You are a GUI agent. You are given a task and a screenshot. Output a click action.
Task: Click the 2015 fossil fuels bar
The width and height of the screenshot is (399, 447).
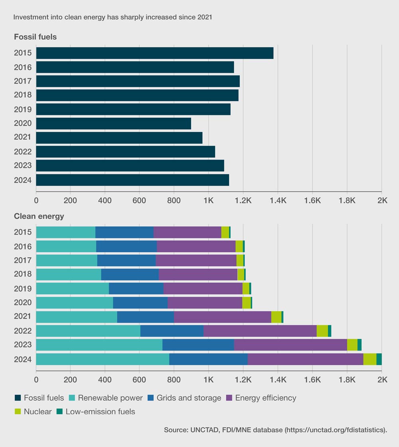[155, 53]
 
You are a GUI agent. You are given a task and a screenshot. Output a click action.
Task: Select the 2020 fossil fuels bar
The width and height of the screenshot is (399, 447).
[114, 123]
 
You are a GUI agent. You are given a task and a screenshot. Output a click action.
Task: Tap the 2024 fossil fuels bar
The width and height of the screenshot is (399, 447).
[132, 180]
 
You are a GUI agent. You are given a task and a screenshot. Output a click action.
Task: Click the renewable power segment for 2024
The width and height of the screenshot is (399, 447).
[103, 359]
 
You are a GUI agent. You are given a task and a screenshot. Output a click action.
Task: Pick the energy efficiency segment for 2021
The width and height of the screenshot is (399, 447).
[223, 317]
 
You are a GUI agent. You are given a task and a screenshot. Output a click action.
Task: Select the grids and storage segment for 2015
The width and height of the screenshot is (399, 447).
[124, 232]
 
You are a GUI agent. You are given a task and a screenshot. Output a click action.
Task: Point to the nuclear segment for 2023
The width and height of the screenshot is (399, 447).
[352, 345]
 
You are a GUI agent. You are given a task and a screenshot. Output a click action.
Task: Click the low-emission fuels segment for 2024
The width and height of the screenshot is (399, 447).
[379, 359]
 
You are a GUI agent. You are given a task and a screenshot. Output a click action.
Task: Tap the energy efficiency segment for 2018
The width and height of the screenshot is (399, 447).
[198, 275]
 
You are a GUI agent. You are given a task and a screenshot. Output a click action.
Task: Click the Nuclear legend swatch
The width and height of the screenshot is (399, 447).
[18, 411]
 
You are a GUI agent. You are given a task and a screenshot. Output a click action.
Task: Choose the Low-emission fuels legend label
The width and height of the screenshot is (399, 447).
[100, 411]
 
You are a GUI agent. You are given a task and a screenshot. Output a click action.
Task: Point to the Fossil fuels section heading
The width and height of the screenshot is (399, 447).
[36, 37]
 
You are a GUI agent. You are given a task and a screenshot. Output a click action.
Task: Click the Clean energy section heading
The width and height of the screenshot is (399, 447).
[39, 216]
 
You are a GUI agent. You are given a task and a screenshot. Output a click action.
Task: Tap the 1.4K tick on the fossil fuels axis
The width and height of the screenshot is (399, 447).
[278, 200]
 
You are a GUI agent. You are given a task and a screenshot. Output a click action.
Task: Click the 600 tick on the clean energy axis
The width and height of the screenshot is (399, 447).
[139, 380]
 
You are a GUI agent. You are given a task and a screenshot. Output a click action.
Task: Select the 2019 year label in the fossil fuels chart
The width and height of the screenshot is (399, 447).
[22, 109]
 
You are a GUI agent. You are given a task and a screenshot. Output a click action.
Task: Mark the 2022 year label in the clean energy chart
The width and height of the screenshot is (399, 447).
[22, 331]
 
